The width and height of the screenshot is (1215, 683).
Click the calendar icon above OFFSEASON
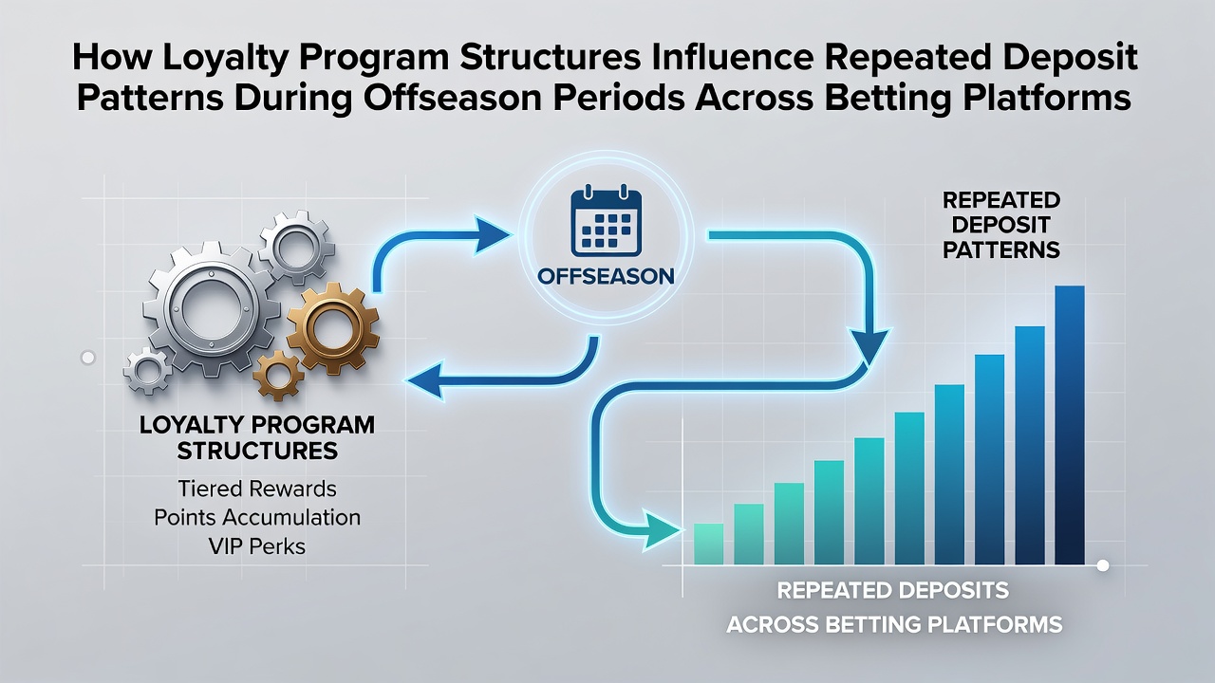(x=606, y=221)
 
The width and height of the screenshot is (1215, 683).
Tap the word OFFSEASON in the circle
(x=606, y=276)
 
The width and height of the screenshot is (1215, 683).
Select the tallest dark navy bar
(x=1070, y=425)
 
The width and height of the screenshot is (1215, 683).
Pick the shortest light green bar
(x=708, y=544)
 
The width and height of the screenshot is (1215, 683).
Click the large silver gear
(x=211, y=309)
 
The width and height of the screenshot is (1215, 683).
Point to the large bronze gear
(x=332, y=329)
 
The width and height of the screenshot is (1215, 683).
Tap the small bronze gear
(x=278, y=375)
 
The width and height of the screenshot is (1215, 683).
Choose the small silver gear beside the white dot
(x=147, y=371)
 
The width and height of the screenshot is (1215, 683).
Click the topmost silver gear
(x=295, y=248)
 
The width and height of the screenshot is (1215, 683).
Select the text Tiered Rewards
(x=257, y=489)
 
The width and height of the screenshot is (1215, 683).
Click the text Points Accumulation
(x=257, y=518)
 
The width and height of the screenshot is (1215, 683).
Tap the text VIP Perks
(x=257, y=546)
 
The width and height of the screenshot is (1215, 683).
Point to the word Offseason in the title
(x=453, y=98)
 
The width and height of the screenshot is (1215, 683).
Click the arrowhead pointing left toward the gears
(x=426, y=380)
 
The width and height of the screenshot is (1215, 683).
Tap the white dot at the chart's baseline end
(x=1103, y=566)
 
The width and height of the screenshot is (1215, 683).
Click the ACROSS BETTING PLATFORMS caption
(x=894, y=624)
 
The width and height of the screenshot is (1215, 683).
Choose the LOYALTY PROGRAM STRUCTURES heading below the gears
(x=257, y=438)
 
